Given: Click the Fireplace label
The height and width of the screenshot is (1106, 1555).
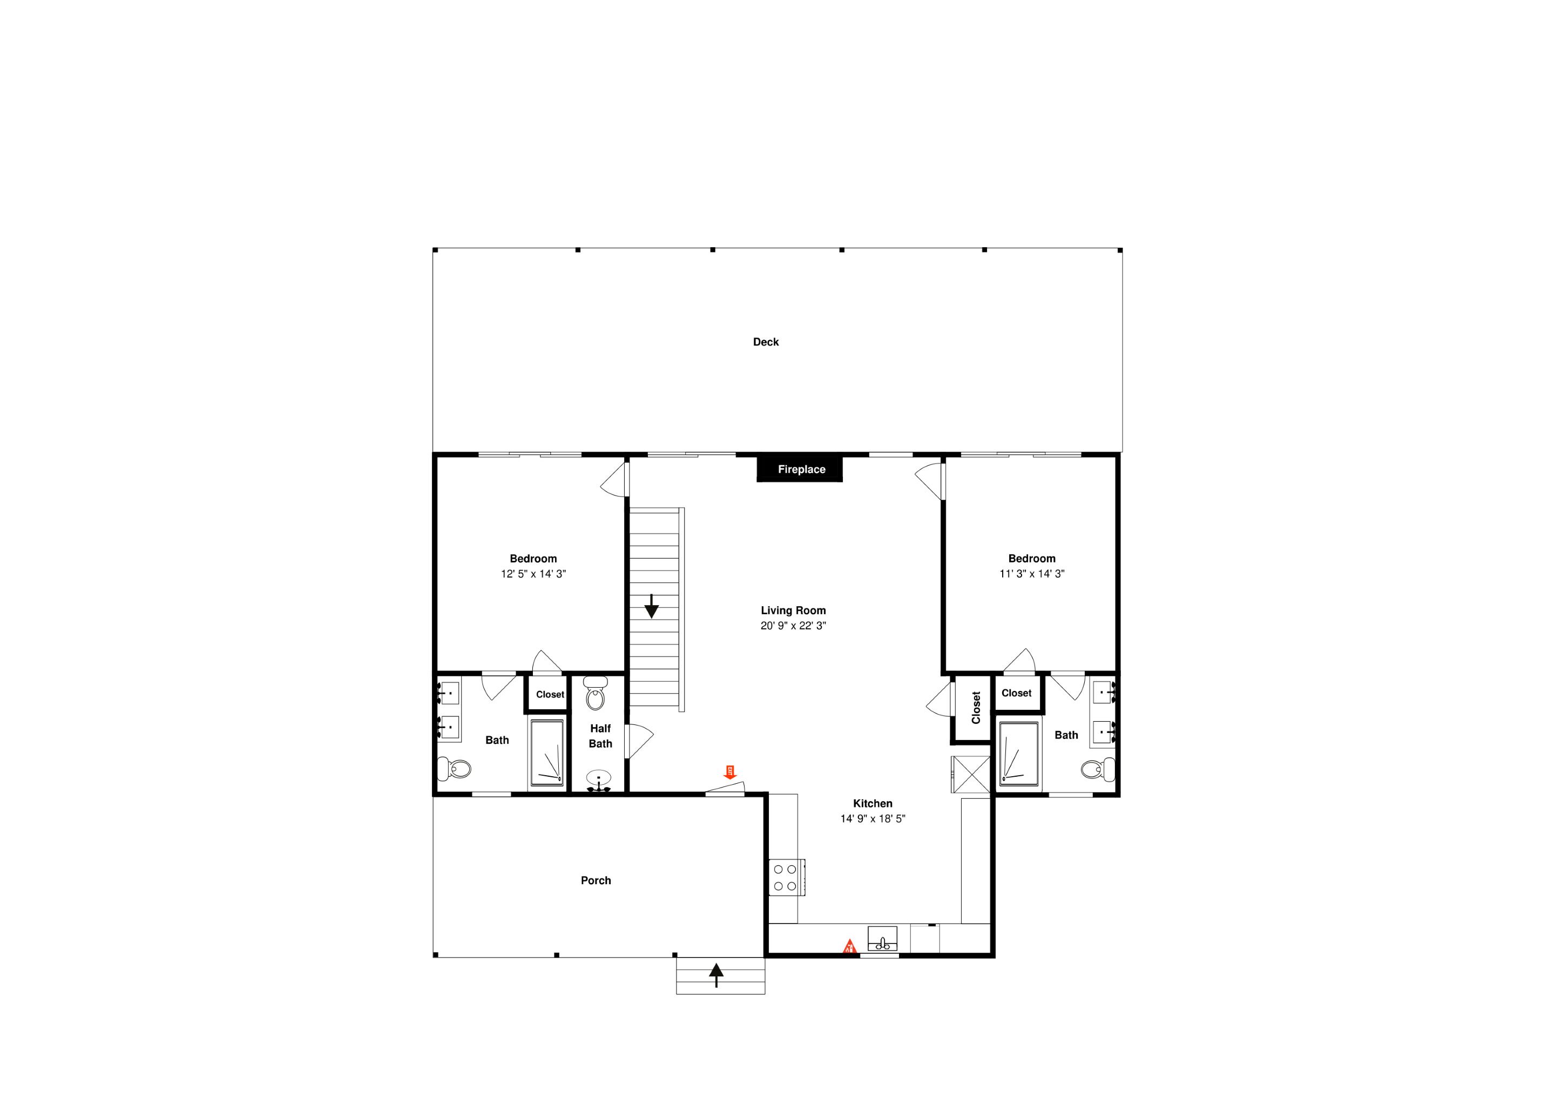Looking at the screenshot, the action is (x=801, y=469).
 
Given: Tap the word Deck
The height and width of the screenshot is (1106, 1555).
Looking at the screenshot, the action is (x=766, y=342).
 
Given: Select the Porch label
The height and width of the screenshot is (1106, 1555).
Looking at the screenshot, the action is (x=596, y=880).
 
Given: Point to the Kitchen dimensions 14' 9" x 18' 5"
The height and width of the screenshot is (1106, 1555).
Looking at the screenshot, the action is (x=873, y=819).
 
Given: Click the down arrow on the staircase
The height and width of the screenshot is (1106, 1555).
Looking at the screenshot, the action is (x=651, y=606).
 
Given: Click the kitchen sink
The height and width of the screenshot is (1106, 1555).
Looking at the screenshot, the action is (x=882, y=939).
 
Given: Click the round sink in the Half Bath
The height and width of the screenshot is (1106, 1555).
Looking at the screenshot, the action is (x=599, y=780).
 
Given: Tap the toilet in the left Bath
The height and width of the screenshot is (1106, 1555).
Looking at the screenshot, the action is (x=454, y=769).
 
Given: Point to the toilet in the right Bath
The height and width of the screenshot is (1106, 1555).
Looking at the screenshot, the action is (x=1098, y=770).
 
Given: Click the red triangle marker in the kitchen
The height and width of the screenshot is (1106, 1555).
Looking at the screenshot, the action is (x=849, y=947).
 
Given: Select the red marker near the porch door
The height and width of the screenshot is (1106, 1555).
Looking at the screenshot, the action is (x=729, y=772).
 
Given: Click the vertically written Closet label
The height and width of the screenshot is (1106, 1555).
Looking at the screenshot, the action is (x=976, y=708).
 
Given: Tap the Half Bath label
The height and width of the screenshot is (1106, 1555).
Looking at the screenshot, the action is (x=600, y=736).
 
